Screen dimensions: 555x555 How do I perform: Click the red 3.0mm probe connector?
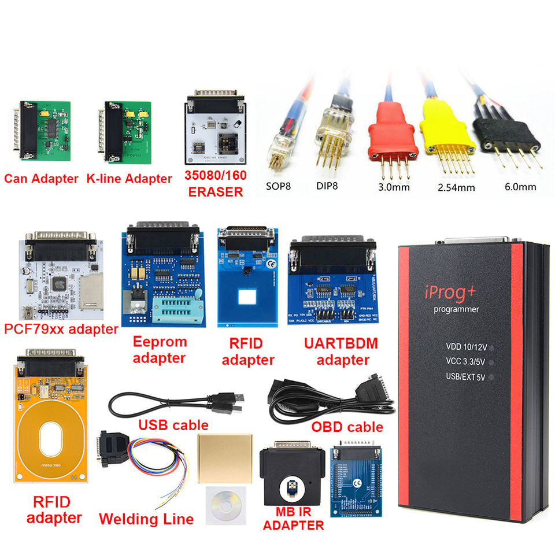396,125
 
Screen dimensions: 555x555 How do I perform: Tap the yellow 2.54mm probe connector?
447,128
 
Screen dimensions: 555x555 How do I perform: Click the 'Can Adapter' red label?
41,178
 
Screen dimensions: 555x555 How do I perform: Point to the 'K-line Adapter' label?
129,178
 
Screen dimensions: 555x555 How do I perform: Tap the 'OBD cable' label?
347,427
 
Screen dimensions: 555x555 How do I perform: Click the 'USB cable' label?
173,425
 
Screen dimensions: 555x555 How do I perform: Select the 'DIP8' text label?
328,186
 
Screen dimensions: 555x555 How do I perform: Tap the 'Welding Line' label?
146,519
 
